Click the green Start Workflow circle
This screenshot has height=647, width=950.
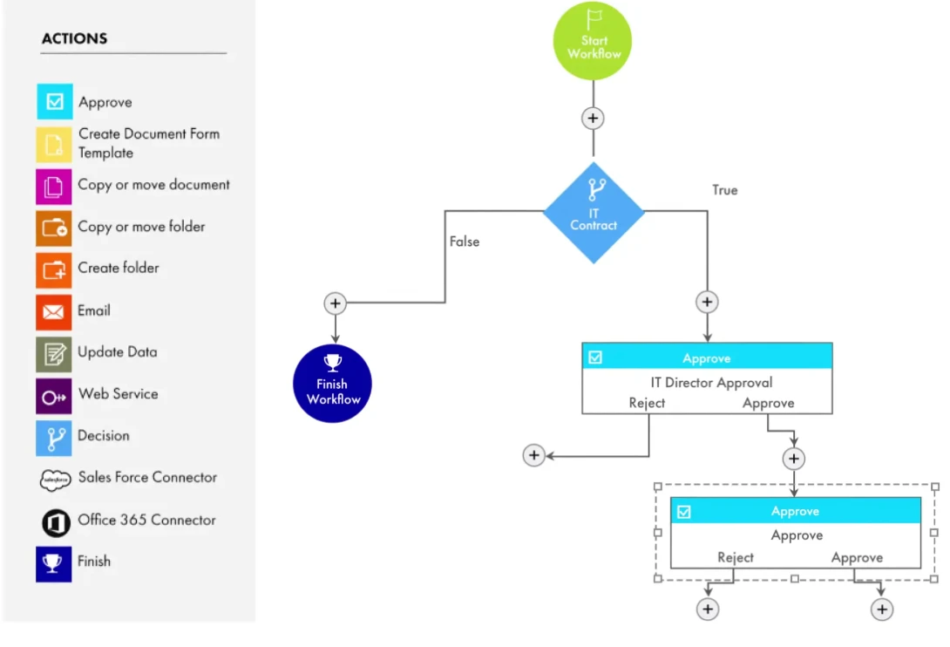click(x=593, y=41)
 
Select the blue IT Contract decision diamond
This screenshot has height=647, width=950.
click(x=594, y=213)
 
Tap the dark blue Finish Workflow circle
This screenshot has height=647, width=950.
click(x=332, y=384)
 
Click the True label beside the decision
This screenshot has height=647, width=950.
click(x=724, y=190)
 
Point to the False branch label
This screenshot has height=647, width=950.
click(x=465, y=242)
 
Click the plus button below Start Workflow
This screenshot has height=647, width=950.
click(x=593, y=118)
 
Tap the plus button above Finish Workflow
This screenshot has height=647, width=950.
click(x=335, y=303)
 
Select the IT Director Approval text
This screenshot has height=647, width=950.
click(x=711, y=382)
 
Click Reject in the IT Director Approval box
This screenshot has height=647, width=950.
click(x=647, y=403)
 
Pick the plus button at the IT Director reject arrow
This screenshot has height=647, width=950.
click(x=533, y=455)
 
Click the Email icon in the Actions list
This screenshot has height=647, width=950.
click(x=54, y=311)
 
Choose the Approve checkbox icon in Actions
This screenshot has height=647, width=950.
click(x=54, y=101)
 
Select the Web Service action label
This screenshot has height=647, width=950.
click(x=119, y=394)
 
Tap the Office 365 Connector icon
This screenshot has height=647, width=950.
click(x=55, y=522)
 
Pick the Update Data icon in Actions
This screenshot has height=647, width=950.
click(x=54, y=354)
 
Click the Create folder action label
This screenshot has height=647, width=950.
click(x=119, y=268)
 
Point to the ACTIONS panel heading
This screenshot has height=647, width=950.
click(x=75, y=39)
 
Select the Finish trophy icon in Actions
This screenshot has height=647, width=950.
click(x=53, y=563)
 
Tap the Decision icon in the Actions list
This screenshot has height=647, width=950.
click(x=54, y=438)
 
